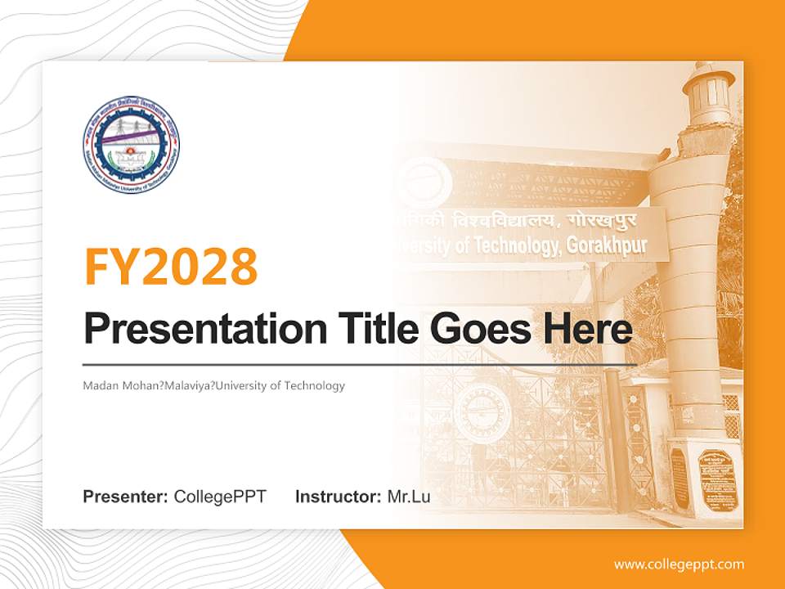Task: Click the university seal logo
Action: (x=131, y=146)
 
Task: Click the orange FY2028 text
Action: (x=171, y=265)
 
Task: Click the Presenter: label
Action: (x=126, y=497)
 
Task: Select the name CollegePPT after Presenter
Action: (x=220, y=497)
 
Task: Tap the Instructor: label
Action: (x=338, y=497)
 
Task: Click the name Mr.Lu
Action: (x=409, y=497)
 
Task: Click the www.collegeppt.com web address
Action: (x=679, y=564)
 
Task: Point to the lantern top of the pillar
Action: (x=708, y=94)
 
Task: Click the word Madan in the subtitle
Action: (x=99, y=385)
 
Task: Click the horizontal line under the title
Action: (x=360, y=364)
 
